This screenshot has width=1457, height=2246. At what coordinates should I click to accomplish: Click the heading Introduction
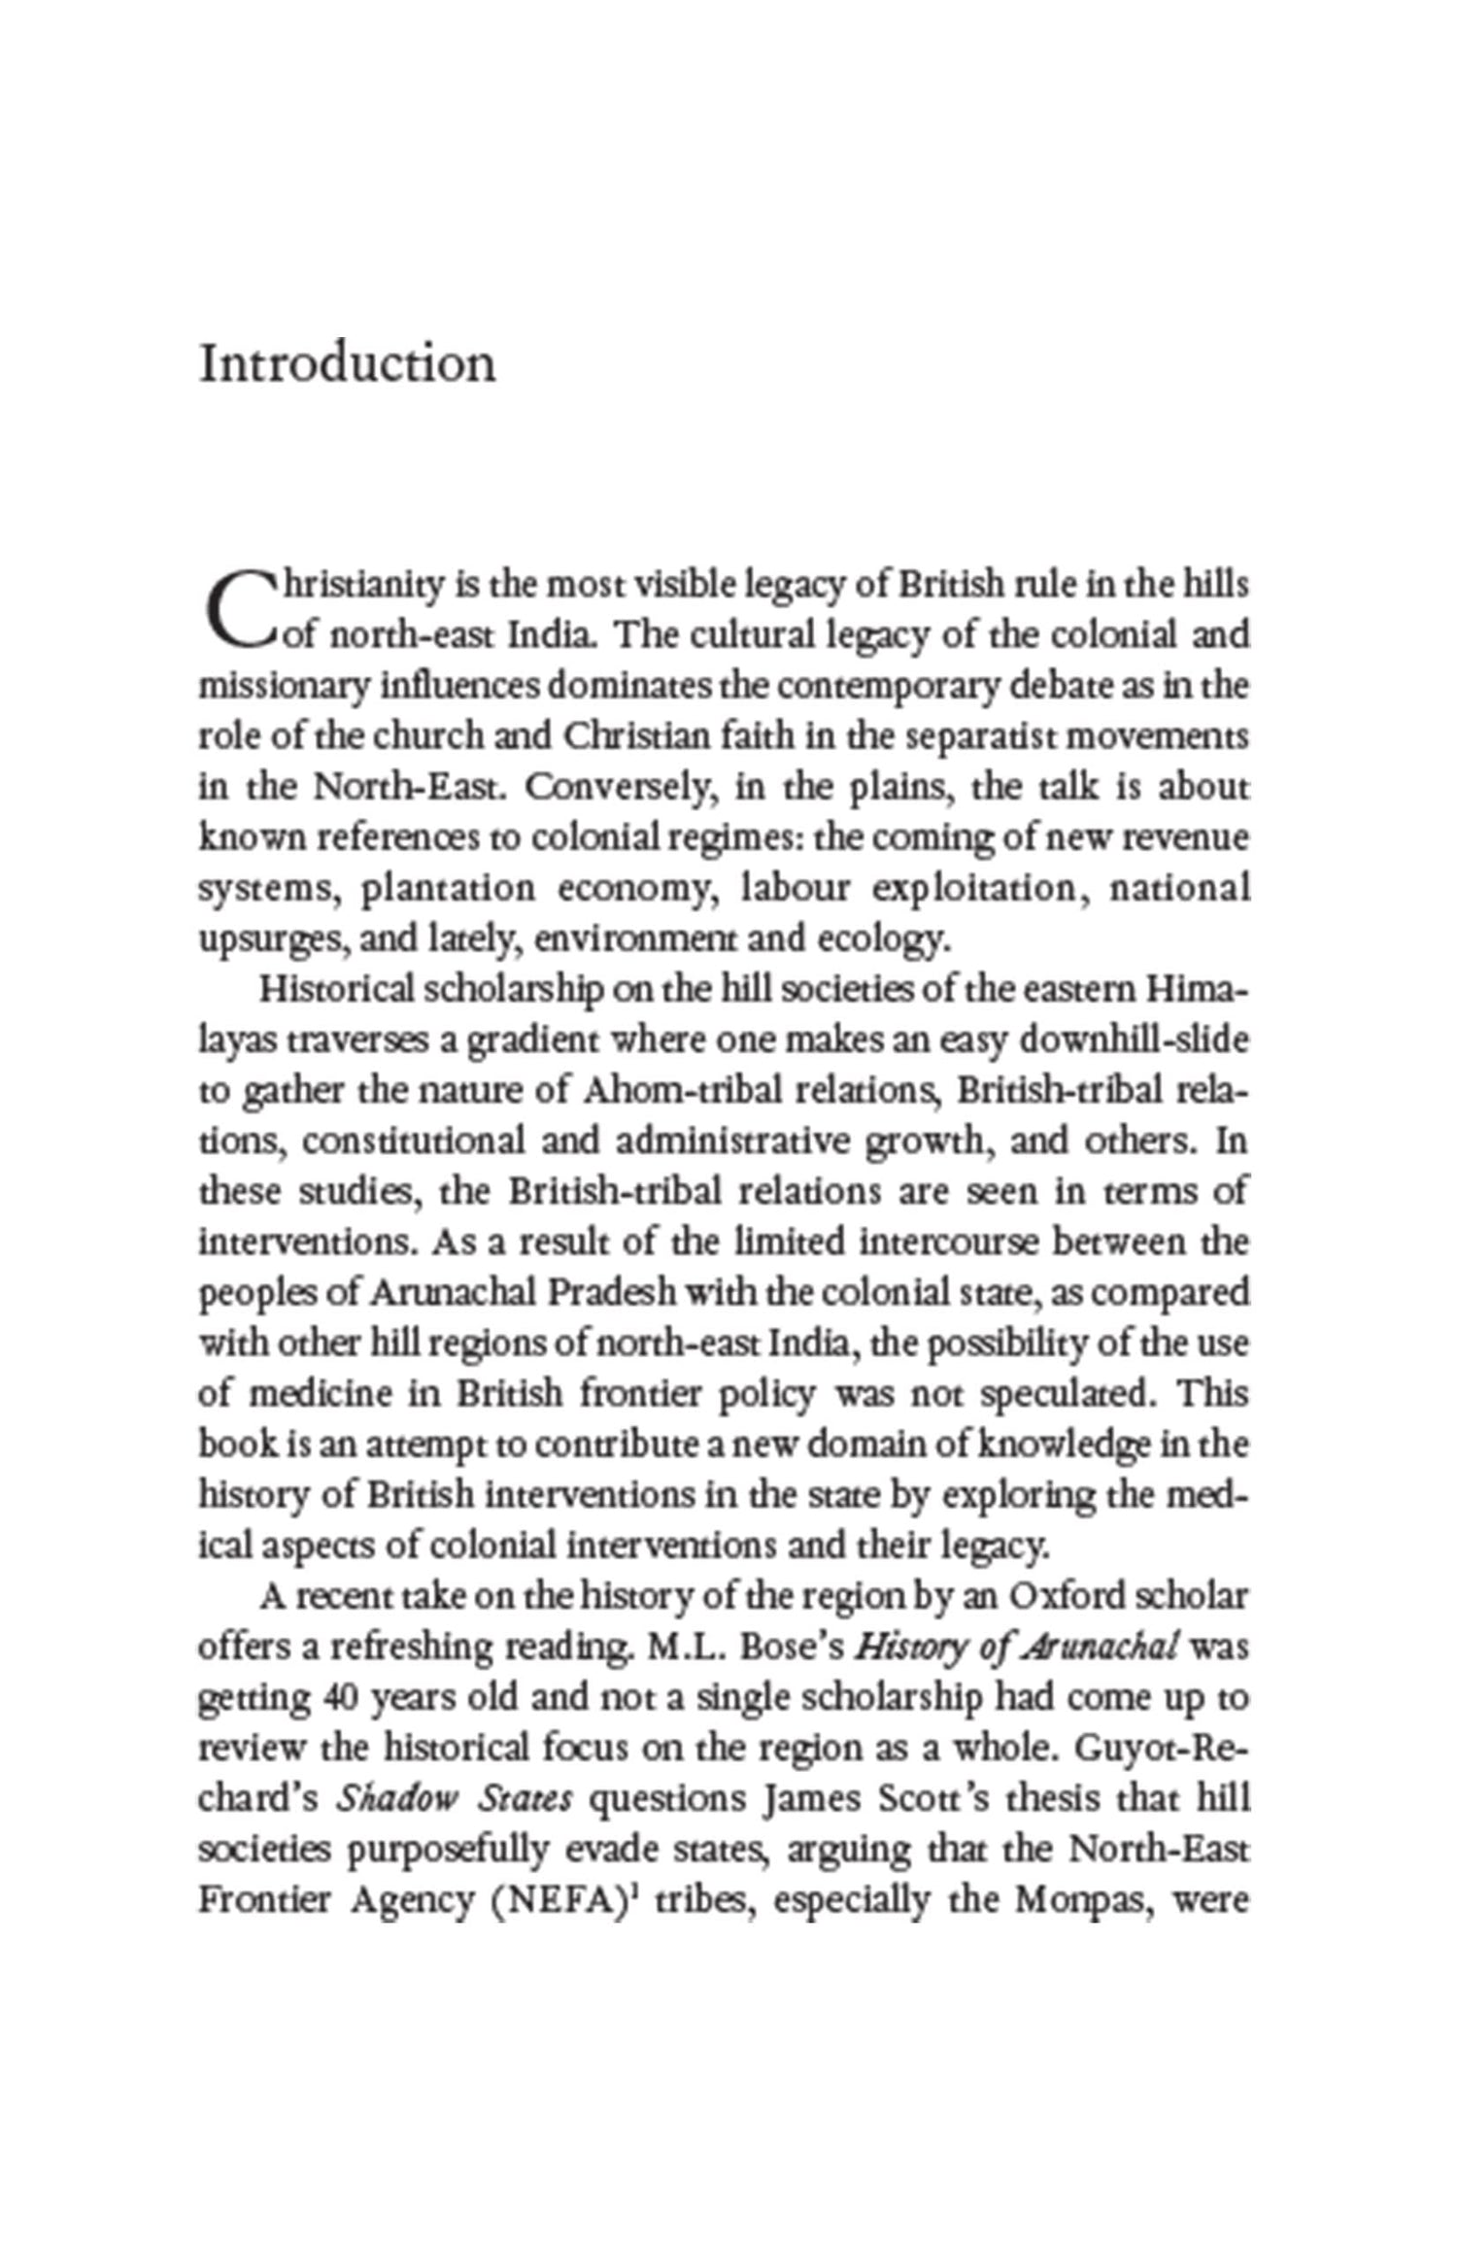pos(347,364)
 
